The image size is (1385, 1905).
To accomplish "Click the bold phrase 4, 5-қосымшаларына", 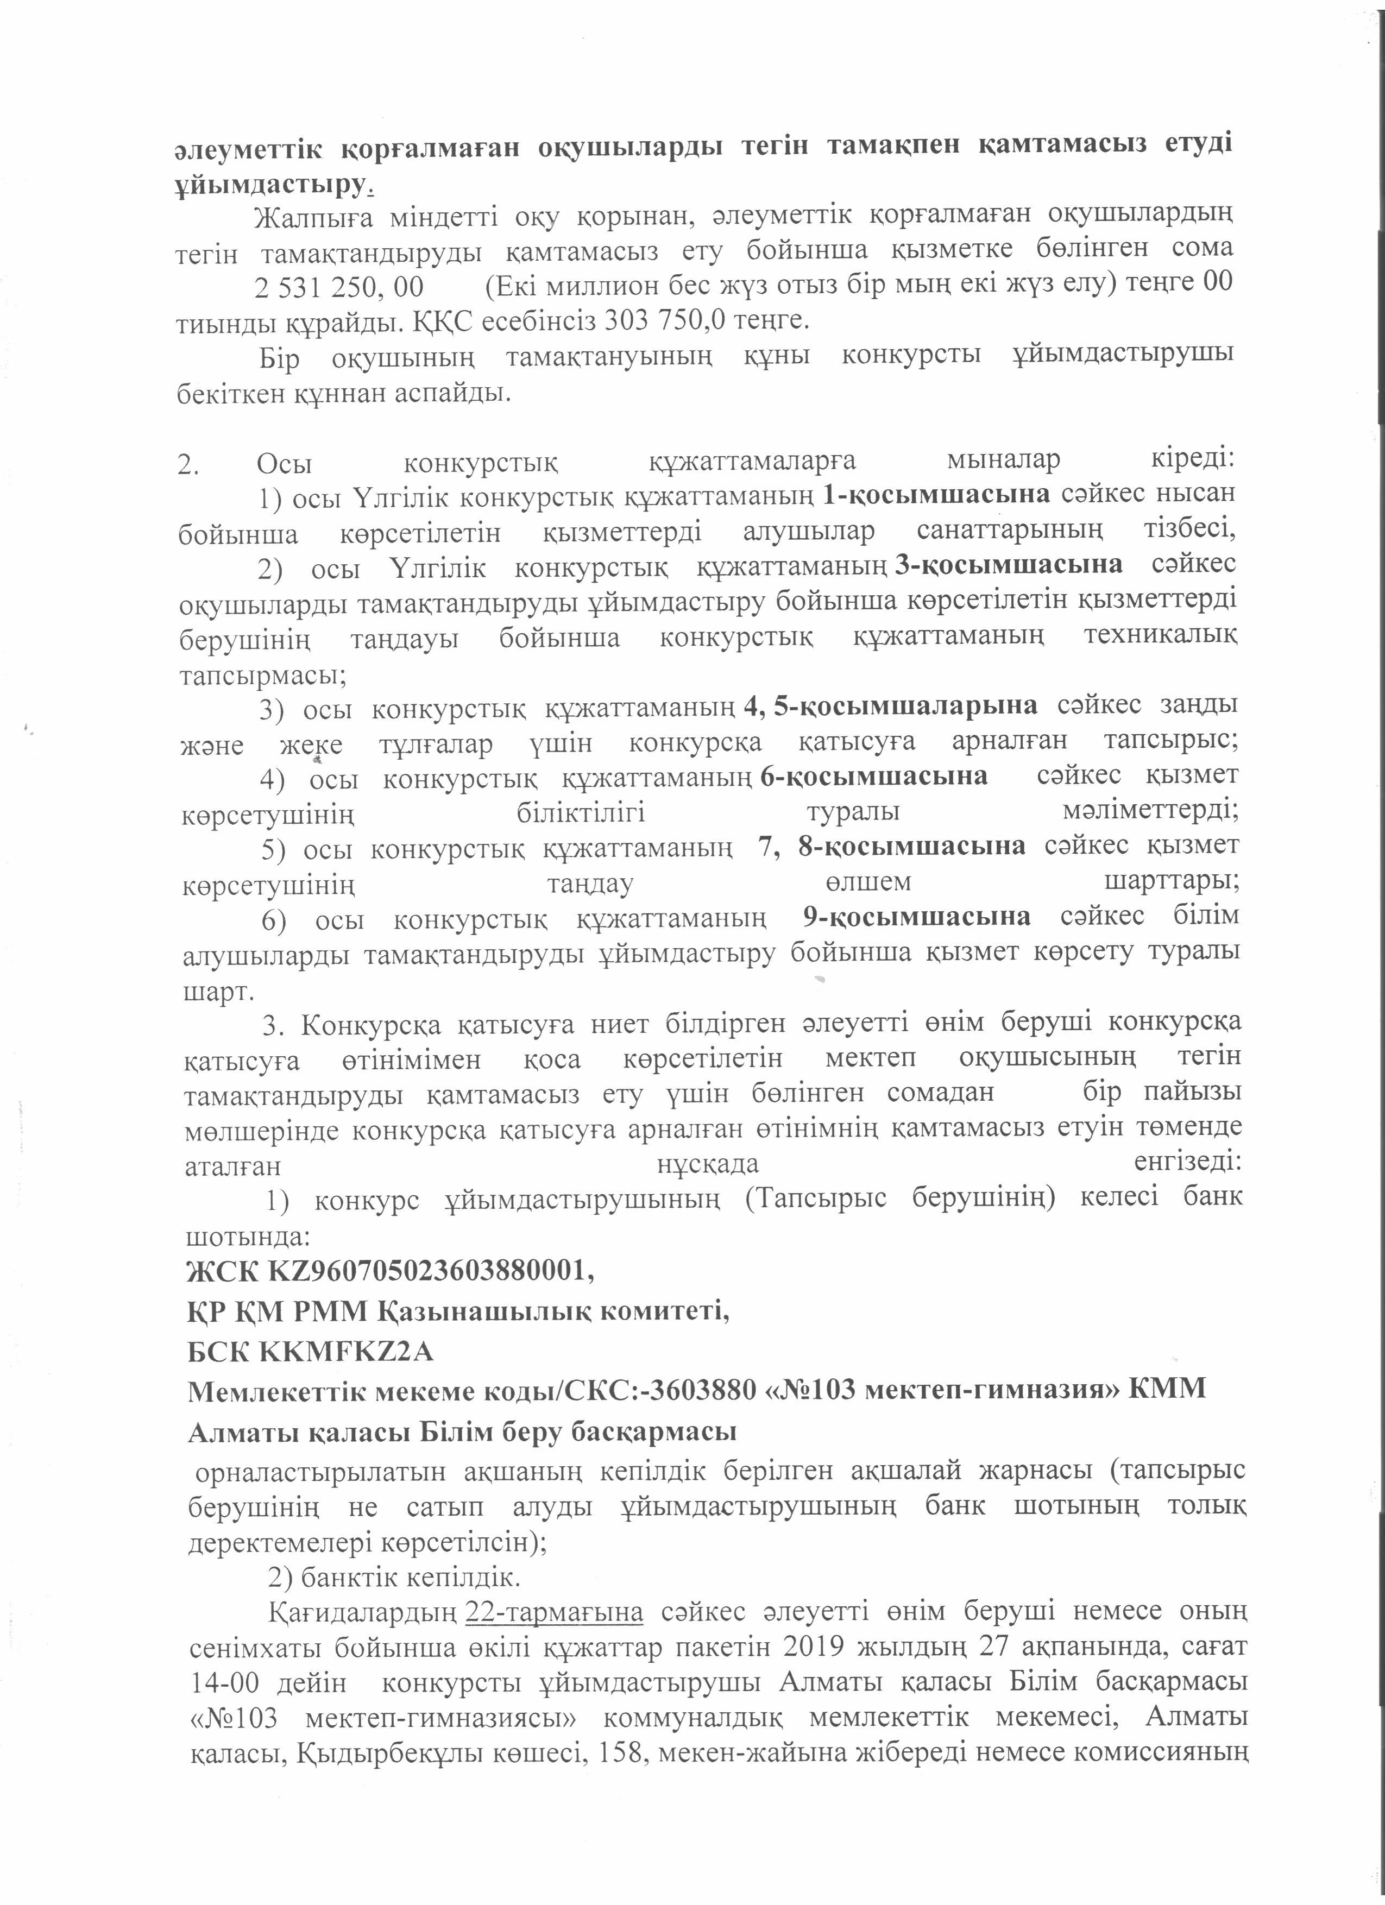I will (x=891, y=705).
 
